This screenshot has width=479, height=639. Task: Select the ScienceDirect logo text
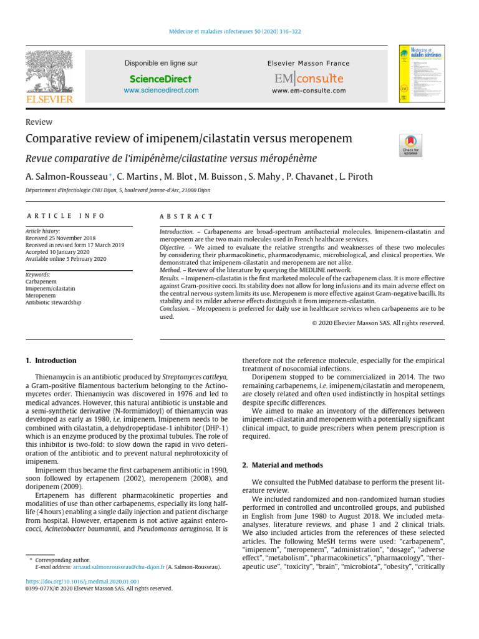point(161,79)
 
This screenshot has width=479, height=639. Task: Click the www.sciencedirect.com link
point(161,90)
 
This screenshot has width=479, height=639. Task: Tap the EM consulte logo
point(309,79)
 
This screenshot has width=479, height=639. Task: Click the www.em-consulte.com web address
point(309,90)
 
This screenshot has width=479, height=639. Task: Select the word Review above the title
point(39,122)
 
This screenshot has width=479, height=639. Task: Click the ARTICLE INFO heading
point(56,216)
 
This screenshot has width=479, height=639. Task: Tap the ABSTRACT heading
point(186,216)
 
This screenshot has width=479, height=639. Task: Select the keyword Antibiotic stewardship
point(53,302)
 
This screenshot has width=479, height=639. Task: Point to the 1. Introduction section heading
point(51,361)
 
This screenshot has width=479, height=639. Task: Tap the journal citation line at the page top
point(239,32)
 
